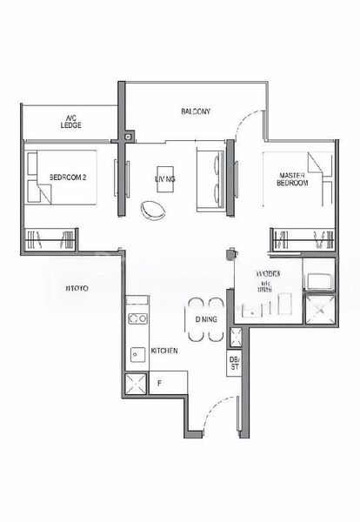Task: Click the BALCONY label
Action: point(197,110)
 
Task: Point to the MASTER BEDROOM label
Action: point(290,178)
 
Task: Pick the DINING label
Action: point(205,320)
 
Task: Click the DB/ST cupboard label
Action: point(234,363)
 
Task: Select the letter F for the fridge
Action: point(159,381)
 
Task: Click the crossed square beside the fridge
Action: point(136,384)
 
